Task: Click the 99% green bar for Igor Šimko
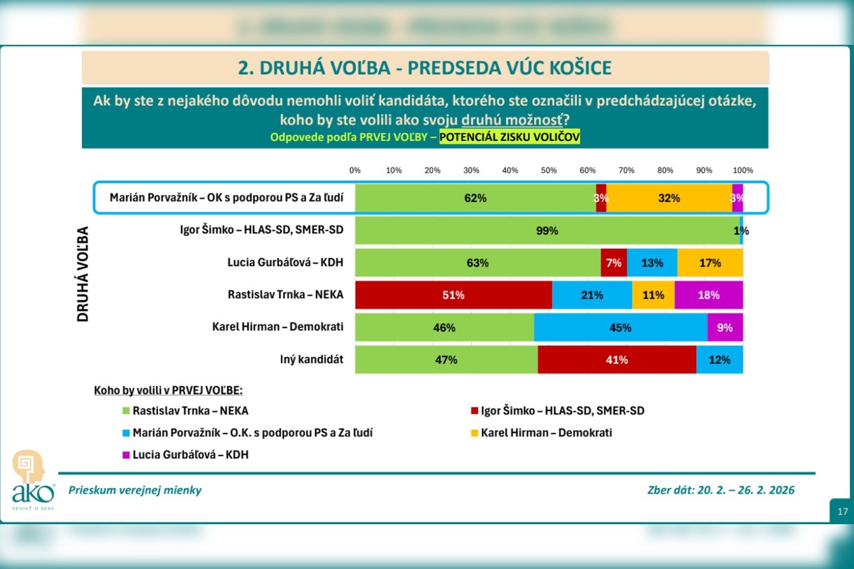(x=547, y=230)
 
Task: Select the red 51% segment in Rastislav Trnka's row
(x=453, y=294)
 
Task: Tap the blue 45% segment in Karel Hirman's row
(x=620, y=327)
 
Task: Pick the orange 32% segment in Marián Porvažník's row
(x=669, y=198)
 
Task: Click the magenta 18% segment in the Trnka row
(x=709, y=294)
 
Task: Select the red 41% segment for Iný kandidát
(x=616, y=359)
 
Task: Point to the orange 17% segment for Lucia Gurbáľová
(x=710, y=262)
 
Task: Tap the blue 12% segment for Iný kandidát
(x=719, y=359)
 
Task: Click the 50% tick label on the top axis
(x=549, y=171)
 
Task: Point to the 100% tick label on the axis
(x=743, y=171)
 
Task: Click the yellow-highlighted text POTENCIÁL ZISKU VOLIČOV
(x=510, y=137)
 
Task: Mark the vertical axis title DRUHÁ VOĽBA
(x=83, y=275)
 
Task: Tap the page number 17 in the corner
(x=842, y=511)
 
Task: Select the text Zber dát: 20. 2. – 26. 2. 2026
(x=721, y=490)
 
